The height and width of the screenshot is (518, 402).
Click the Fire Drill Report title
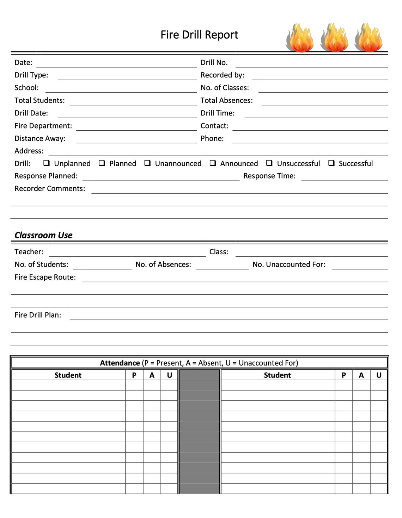(x=199, y=35)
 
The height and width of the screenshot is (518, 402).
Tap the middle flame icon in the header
(x=334, y=37)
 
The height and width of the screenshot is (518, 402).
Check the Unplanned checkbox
(x=46, y=163)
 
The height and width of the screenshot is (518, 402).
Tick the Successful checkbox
(x=331, y=163)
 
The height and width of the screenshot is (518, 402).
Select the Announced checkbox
(x=213, y=163)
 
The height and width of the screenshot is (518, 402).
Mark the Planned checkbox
(x=102, y=163)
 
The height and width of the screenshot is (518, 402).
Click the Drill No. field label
(x=214, y=63)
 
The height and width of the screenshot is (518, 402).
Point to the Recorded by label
(x=222, y=75)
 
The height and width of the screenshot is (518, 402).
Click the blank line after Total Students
(x=133, y=102)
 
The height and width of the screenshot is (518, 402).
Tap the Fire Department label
(x=43, y=126)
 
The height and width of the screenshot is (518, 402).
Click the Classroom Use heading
(x=43, y=235)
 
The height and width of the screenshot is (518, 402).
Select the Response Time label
(x=269, y=176)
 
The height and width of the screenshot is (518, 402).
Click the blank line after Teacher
(x=127, y=253)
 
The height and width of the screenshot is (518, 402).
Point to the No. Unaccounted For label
(x=289, y=264)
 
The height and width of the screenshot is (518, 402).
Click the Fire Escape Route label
(x=45, y=277)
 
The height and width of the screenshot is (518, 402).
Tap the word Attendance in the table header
(x=120, y=363)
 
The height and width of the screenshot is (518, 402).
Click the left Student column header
(x=68, y=375)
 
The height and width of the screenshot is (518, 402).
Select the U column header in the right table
(x=379, y=375)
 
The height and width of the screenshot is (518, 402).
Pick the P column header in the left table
(x=134, y=375)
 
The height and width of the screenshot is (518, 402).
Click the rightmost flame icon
(x=368, y=37)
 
